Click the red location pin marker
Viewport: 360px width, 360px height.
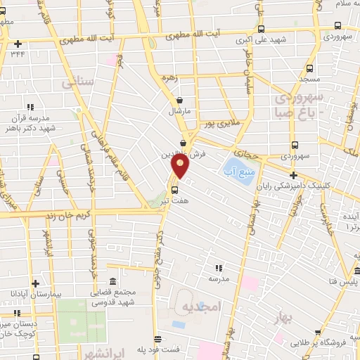(x=181, y=165)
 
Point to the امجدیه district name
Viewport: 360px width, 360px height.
(x=200, y=307)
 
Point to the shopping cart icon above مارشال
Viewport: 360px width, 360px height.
(x=181, y=100)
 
